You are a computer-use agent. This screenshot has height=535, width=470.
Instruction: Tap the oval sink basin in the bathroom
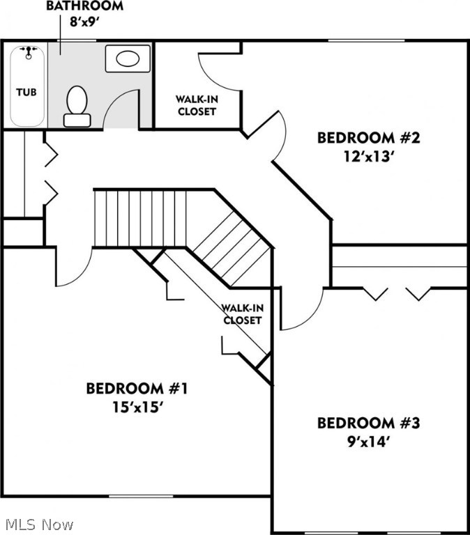point(128,59)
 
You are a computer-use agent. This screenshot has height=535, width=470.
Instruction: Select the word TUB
point(27,91)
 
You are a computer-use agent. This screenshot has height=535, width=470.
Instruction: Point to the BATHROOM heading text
point(85,6)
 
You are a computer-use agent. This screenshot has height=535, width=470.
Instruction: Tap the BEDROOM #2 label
point(368,137)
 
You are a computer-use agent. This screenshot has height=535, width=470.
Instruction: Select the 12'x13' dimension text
point(368,156)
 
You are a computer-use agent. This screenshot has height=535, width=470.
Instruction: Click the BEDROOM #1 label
point(137,388)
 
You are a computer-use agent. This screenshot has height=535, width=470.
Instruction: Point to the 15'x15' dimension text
point(137,407)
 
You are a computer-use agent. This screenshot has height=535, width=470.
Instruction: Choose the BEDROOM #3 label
point(368,423)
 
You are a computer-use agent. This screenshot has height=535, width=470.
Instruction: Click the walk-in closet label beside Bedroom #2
point(197,105)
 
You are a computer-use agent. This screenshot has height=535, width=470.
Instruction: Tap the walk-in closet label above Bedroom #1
point(242,314)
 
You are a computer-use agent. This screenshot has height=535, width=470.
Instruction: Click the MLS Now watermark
point(38,524)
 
